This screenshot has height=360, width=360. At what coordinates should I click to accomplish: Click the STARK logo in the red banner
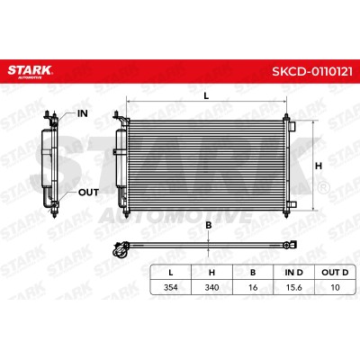tap(30, 72)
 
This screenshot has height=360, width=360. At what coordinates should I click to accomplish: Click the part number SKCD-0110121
tap(312, 72)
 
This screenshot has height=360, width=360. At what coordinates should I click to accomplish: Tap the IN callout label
tap(83, 113)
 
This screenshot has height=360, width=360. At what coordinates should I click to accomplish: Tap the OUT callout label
tap(88, 193)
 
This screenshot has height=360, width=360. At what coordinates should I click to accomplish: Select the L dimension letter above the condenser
tap(206, 96)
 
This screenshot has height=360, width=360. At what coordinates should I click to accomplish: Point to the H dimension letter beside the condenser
tap(319, 166)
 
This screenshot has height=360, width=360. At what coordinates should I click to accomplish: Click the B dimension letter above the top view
tap(209, 226)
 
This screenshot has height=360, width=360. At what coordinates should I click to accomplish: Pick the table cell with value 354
tap(170, 287)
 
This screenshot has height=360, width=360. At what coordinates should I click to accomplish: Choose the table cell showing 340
tap(211, 287)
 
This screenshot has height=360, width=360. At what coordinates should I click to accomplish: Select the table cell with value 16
tap(253, 287)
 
